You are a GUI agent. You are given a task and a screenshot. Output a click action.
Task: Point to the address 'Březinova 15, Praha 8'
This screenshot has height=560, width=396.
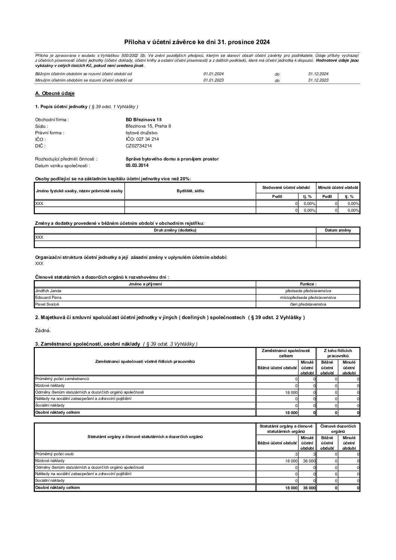pyautogui.click(x=148, y=126)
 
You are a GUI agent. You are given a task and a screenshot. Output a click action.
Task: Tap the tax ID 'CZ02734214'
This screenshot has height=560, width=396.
pyautogui.click(x=139, y=146)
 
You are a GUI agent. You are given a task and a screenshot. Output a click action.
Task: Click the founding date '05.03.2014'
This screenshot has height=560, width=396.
pyautogui.click(x=137, y=165)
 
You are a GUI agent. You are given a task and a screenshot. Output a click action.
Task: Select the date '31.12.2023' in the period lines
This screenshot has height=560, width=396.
pyautogui.click(x=318, y=80)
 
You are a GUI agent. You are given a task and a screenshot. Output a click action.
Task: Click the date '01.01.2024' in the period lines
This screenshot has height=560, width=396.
pyautogui.click(x=213, y=74)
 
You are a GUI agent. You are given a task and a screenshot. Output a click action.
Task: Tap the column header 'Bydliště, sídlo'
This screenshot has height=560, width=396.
pyautogui.click(x=190, y=191)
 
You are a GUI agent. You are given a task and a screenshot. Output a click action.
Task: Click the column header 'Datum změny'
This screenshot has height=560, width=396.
pyautogui.click(x=338, y=230)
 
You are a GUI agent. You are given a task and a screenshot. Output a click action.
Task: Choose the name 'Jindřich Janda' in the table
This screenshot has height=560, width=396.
pyautogui.click(x=48, y=291)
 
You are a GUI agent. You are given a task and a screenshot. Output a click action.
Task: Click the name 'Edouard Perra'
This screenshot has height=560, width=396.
pyautogui.click(x=48, y=297)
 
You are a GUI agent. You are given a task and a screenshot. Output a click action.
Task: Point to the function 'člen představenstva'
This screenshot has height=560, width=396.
pyautogui.click(x=308, y=304)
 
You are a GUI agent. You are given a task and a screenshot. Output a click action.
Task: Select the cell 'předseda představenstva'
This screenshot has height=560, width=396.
pyautogui.click(x=308, y=291)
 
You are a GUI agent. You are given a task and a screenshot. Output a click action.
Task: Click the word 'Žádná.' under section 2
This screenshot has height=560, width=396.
pyautogui.click(x=43, y=330)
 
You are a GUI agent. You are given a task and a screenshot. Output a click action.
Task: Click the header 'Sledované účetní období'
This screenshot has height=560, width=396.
pyautogui.click(x=286, y=187)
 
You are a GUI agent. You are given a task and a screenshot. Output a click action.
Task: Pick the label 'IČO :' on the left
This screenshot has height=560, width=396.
pyautogui.click(x=40, y=139)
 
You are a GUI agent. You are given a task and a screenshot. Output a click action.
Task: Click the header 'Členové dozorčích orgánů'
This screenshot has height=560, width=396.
pyautogui.click(x=338, y=429)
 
